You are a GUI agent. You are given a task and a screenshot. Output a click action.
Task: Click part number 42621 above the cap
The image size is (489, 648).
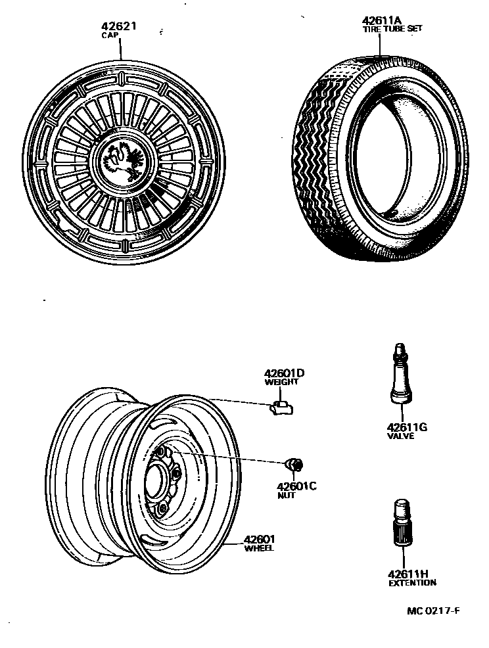(118, 27)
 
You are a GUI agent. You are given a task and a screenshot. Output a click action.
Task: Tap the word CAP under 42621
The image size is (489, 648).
(109, 35)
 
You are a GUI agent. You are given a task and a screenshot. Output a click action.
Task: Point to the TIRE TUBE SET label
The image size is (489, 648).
(392, 29)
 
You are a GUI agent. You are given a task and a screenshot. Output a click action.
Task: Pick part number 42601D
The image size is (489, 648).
(285, 373)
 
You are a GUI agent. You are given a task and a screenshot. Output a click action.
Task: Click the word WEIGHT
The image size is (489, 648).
(281, 382)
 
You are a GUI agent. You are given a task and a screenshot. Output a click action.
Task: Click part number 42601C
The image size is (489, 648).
(296, 486)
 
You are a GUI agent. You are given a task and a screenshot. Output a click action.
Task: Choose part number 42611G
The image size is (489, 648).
(407, 427)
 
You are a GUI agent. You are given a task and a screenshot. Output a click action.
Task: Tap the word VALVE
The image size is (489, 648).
(401, 436)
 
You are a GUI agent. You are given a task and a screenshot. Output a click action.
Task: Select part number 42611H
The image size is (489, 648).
(407, 574)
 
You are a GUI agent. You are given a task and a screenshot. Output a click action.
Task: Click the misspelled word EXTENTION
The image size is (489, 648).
(411, 583)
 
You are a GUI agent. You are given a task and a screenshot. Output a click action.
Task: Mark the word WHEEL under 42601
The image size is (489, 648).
(259, 548)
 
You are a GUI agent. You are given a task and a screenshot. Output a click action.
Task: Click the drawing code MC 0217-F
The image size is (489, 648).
(432, 611)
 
